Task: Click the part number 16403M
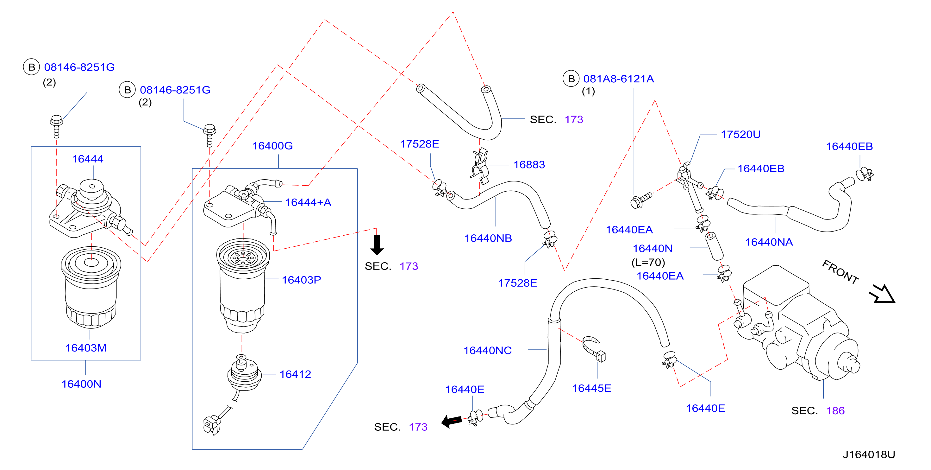[86, 348]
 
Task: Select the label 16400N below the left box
[81, 384]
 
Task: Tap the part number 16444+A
[308, 202]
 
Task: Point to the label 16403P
[301, 280]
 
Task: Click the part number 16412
[295, 374]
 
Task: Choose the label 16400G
[272, 146]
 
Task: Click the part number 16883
[529, 165]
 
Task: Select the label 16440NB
[488, 238]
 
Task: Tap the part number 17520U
[740, 134]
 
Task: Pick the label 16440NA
[769, 242]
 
